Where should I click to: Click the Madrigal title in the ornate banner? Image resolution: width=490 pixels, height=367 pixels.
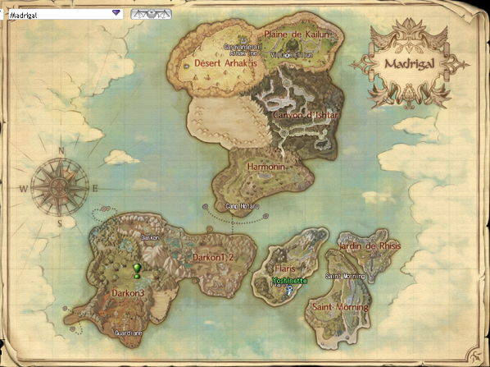point(410,63)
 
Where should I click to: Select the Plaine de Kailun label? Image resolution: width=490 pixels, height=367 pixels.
point(296,34)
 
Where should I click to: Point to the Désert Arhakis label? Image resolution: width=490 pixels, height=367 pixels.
point(225,62)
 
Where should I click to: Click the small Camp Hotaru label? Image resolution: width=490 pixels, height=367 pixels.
point(242,206)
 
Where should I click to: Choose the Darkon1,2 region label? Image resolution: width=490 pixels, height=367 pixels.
point(215,258)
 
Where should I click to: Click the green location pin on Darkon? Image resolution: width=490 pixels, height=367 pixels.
point(137,270)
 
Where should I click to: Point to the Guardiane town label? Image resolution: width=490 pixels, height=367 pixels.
point(129,333)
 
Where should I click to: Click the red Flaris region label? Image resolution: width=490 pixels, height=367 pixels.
point(285,268)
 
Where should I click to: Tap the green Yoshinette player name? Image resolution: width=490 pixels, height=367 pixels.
point(290,280)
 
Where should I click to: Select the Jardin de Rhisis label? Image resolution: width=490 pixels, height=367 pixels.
point(369,245)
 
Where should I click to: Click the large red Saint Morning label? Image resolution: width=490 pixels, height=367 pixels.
point(340,307)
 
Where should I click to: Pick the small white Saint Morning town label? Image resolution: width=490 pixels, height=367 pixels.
point(345,277)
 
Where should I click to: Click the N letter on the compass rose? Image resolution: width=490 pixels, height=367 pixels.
point(61,151)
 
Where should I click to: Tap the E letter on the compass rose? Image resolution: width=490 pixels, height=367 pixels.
point(95,188)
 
